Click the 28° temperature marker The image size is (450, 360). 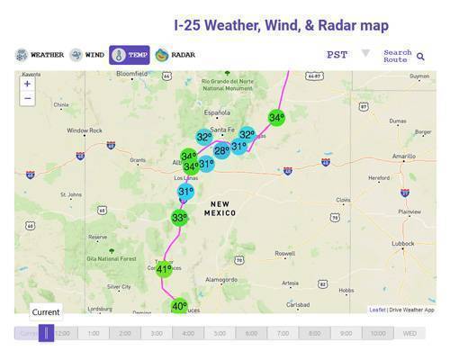[221, 150]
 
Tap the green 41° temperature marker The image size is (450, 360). [163, 268]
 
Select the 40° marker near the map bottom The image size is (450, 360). [179, 307]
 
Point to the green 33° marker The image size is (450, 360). [180, 217]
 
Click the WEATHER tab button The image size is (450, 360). [40, 55]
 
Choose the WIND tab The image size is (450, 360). [87, 55]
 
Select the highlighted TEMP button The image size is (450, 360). [129, 55]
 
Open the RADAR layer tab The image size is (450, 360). [175, 55]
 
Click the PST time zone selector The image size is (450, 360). [337, 55]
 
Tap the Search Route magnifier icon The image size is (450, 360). [420, 57]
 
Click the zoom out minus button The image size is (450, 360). [28, 98]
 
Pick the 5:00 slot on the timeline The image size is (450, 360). [219, 333]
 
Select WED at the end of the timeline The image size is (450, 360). [409, 333]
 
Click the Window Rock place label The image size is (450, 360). [85, 130]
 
